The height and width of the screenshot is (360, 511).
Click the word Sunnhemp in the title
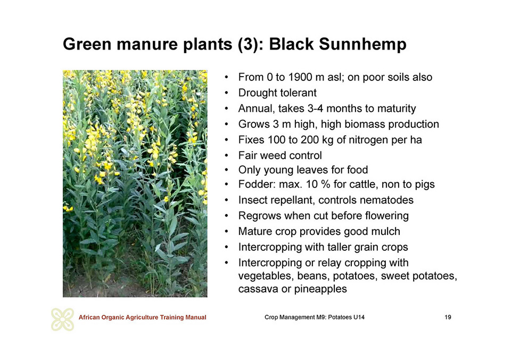362,45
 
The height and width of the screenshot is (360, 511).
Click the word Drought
257,93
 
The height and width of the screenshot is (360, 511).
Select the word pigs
425,185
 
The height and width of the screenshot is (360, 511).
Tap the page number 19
448,317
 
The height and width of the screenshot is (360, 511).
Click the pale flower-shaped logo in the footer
63,319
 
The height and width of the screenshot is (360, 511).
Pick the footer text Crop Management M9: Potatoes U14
315,317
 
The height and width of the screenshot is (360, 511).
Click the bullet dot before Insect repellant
226,200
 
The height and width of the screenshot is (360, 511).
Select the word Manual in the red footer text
195,317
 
